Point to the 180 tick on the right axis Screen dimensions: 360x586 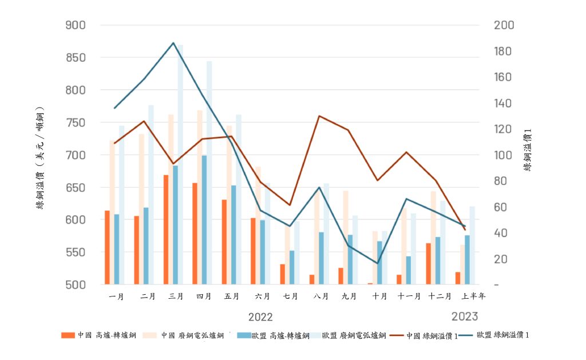[504, 52]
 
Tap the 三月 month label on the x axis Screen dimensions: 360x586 [176, 296]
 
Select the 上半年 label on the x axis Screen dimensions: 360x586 [474, 296]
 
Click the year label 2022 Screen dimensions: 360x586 [260, 317]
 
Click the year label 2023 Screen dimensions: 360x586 [465, 317]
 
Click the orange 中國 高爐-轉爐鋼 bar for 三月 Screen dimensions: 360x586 [166, 230]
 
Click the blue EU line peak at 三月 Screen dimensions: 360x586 [173, 43]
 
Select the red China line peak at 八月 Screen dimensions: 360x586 [319, 116]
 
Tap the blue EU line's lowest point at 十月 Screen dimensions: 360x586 [377, 263]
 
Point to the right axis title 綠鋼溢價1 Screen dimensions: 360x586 [528, 150]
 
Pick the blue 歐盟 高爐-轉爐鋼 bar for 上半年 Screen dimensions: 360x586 [467, 260]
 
